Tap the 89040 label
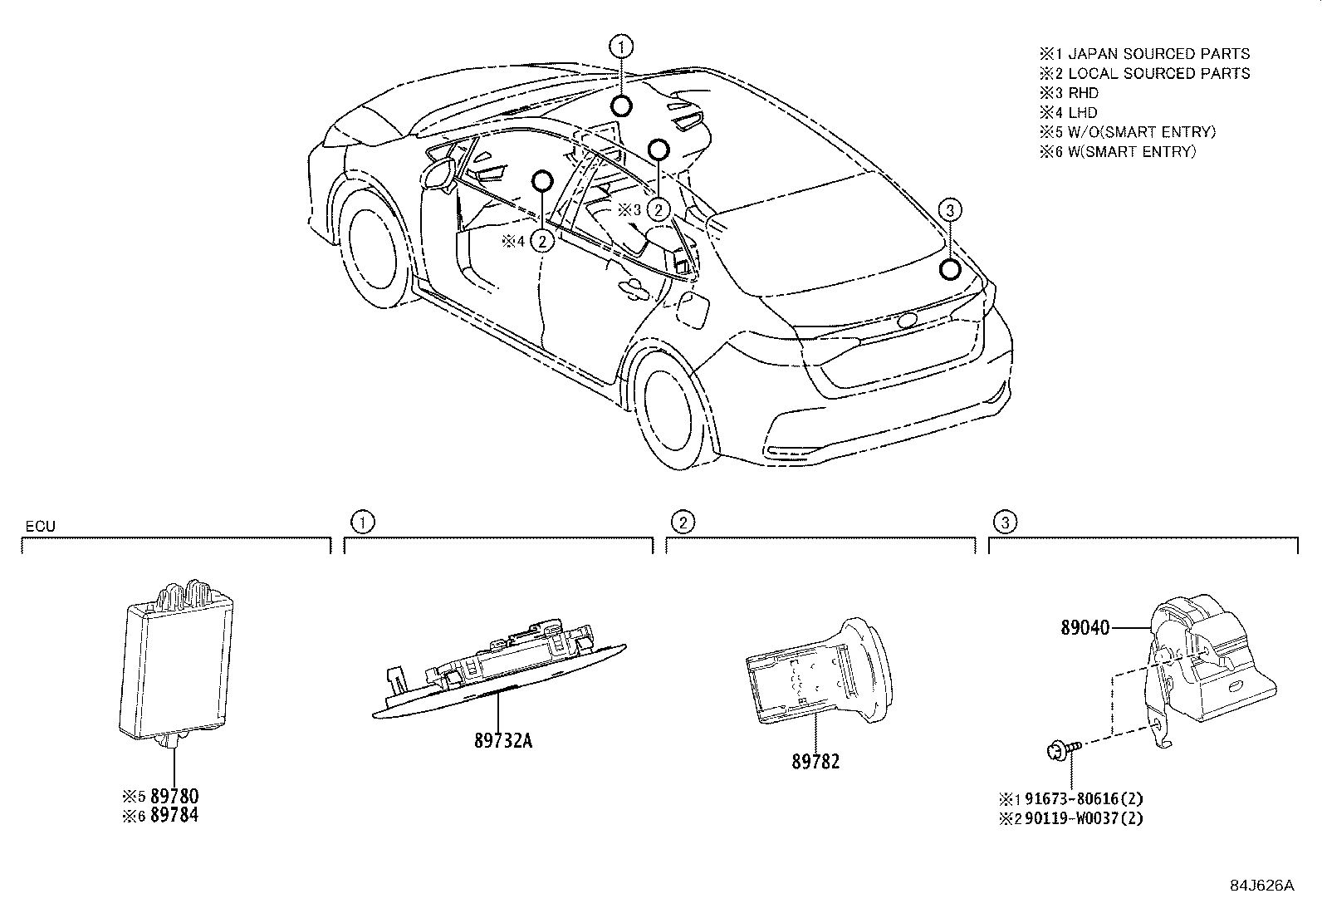point(1085,629)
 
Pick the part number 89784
point(174,816)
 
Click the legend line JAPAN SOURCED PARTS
point(1158,54)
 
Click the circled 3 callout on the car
point(950,211)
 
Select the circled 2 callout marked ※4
point(541,241)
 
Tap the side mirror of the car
point(438,172)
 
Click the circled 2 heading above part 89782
point(682,522)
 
